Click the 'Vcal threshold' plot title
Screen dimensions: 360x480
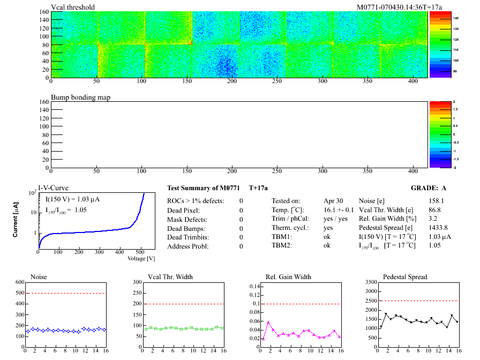[x=73, y=7]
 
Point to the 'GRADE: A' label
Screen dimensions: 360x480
[x=428, y=188]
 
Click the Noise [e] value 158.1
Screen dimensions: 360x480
[x=437, y=201]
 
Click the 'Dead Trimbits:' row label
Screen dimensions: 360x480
[x=189, y=237]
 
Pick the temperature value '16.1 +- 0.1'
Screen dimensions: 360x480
[x=339, y=210]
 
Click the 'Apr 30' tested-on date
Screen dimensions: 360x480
[x=333, y=201]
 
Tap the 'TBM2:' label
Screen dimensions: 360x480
[x=282, y=246]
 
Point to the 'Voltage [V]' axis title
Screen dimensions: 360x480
[x=141, y=258]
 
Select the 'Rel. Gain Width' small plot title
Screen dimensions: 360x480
[x=288, y=277]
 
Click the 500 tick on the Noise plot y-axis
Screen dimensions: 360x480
[x=20, y=293]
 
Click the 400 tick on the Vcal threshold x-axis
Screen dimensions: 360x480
[x=413, y=82]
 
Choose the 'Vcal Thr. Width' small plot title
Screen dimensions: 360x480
[x=170, y=277]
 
